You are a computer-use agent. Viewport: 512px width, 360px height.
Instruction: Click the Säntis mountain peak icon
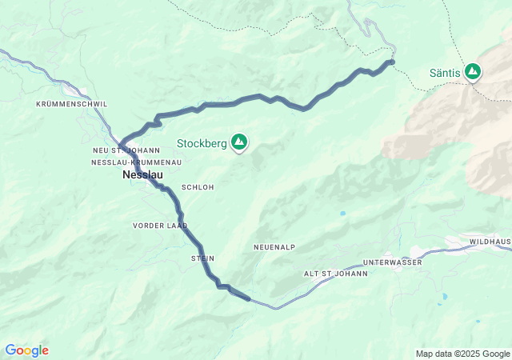pos(474,72)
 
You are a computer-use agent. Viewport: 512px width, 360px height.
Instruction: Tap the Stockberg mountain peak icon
pos(238,142)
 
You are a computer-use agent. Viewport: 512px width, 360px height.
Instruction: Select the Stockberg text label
pos(202,144)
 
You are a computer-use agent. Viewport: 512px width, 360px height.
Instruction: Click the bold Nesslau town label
pos(142,174)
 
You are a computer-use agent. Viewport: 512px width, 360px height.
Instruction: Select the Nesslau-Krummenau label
pos(136,162)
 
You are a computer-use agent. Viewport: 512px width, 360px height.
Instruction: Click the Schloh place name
pos(198,186)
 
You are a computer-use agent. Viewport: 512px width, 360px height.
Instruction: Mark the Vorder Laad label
pos(160,226)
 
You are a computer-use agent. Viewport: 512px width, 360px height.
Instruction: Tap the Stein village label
pos(202,258)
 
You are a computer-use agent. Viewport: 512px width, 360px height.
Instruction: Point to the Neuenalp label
pos(275,247)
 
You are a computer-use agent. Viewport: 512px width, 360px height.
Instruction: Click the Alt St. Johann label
pos(335,274)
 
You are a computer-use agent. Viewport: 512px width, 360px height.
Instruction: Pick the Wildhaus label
pos(490,241)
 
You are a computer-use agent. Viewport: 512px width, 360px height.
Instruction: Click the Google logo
pos(26,350)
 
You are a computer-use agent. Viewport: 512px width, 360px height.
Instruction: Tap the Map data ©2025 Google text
pos(462,354)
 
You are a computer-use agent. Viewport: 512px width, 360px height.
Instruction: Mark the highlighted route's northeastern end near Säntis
pos(391,62)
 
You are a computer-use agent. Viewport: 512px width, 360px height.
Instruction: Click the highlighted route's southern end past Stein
pos(249,299)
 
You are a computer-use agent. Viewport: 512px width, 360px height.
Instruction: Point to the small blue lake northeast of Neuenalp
pos(342,214)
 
